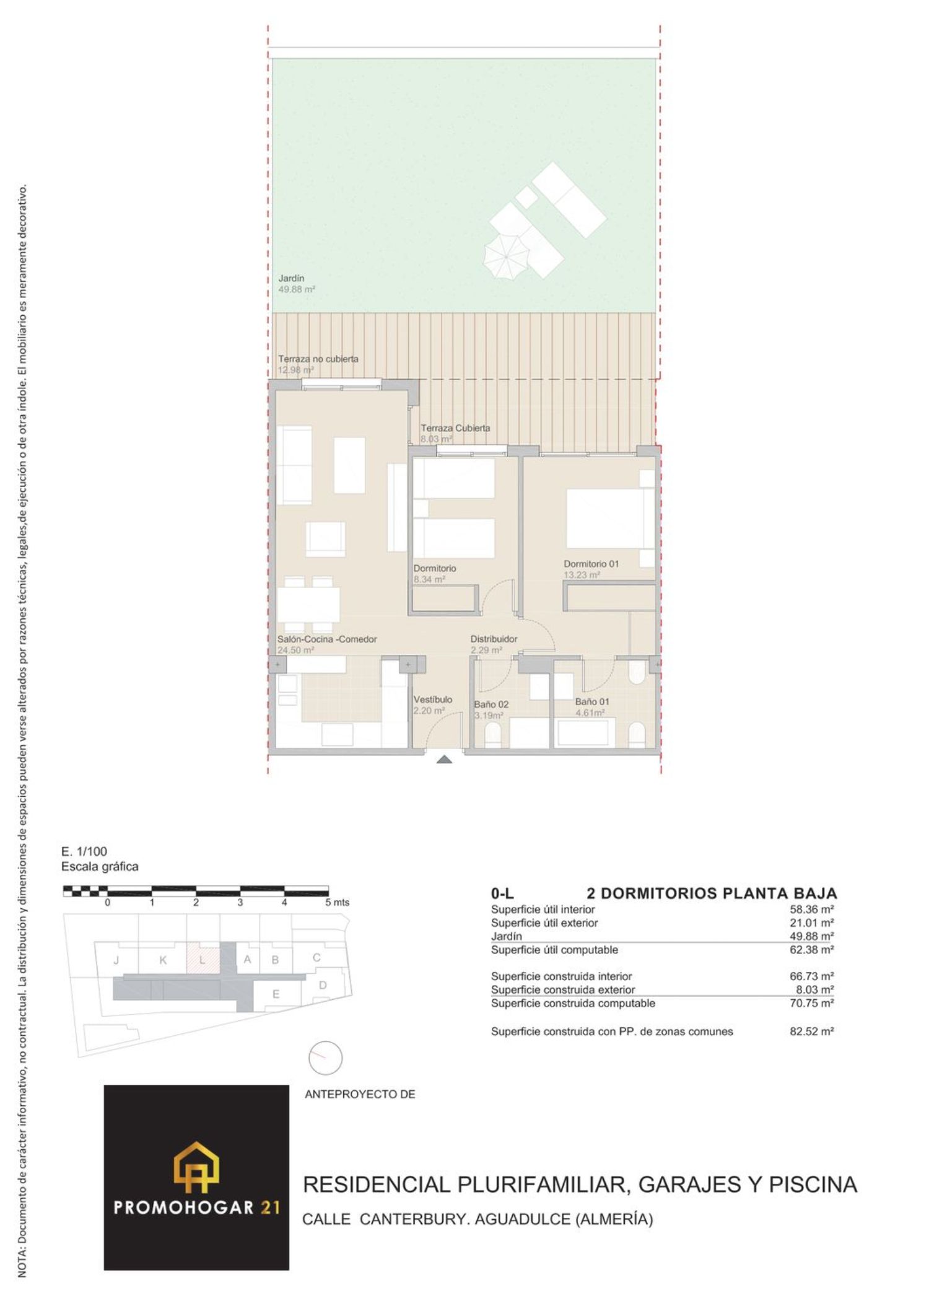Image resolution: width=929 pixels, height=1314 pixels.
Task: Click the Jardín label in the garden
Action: tap(291, 279)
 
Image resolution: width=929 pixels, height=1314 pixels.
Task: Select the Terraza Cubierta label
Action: tap(455, 428)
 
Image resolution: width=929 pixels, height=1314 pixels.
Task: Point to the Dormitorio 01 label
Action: tap(591, 564)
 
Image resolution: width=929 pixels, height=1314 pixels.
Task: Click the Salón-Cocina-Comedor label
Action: tap(327, 639)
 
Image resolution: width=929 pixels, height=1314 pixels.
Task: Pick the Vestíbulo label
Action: tap(433, 699)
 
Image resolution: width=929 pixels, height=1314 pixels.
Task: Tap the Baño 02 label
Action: tap(491, 704)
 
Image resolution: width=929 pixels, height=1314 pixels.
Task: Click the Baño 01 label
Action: tap(592, 702)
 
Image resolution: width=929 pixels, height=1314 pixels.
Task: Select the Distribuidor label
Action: tap(494, 639)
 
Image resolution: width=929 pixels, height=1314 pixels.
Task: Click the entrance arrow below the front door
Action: tap(444, 759)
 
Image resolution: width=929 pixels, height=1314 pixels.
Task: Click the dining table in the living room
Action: tap(308, 604)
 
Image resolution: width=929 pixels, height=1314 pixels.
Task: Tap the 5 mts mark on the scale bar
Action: tap(338, 903)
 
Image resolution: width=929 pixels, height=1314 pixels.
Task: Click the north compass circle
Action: tap(325, 1058)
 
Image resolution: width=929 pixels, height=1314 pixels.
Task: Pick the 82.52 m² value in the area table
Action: tap(811, 1031)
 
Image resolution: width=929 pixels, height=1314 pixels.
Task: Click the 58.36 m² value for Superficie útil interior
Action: tap(811, 909)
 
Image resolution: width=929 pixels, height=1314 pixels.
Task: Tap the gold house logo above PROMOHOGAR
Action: tap(196, 1167)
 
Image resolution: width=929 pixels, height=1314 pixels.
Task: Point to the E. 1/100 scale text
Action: tap(84, 851)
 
